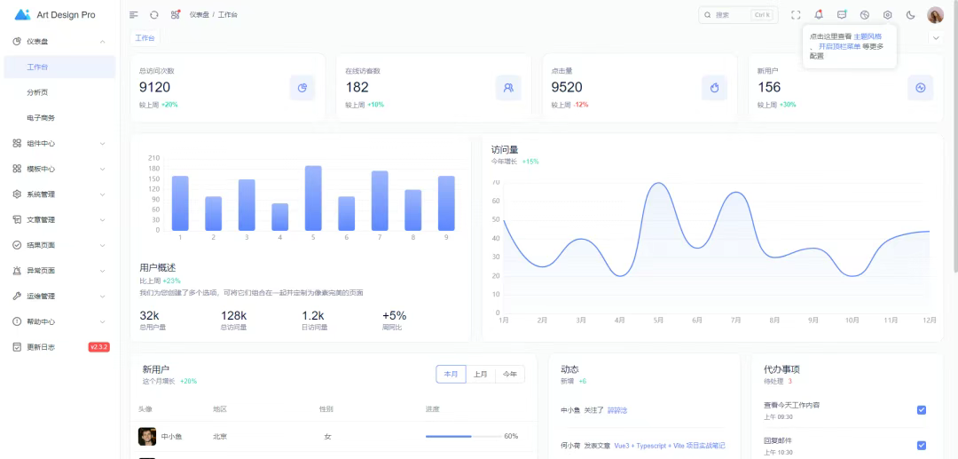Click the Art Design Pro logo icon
(x=23, y=15)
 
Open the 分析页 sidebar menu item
(x=37, y=92)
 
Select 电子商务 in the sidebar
(x=41, y=118)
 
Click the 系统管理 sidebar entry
(x=41, y=194)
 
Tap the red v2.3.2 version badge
(x=98, y=347)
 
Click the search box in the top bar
(x=736, y=15)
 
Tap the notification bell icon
(x=819, y=15)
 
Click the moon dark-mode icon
(x=910, y=15)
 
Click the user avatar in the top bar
(x=935, y=15)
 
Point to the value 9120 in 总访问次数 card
(x=155, y=87)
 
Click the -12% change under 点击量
(x=581, y=105)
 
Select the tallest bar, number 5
(x=313, y=197)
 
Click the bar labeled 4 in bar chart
(x=279, y=217)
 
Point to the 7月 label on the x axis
(x=735, y=321)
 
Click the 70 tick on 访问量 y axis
(x=496, y=182)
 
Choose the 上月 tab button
(x=480, y=375)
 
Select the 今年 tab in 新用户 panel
(x=510, y=375)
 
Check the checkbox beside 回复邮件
(x=921, y=445)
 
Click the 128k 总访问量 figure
(x=233, y=315)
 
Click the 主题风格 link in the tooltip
(x=868, y=36)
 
